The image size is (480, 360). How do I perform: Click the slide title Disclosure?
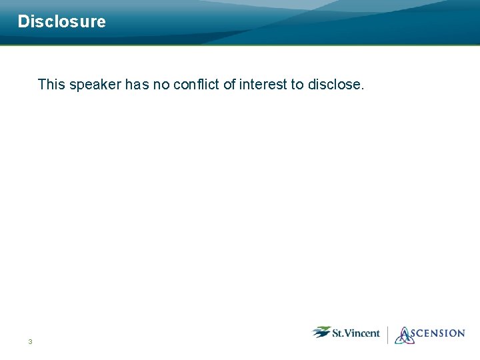click(x=61, y=21)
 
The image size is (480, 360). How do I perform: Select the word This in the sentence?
click(x=51, y=84)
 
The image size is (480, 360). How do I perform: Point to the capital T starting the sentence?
click(x=42, y=84)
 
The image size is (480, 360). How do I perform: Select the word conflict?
click(x=196, y=84)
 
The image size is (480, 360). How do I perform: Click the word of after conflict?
click(x=229, y=84)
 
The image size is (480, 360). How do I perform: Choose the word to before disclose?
click(x=297, y=85)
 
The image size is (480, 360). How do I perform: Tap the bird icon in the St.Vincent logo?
click(x=321, y=331)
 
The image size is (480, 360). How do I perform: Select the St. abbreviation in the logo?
click(x=338, y=333)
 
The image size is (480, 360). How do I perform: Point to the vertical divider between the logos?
click(x=387, y=334)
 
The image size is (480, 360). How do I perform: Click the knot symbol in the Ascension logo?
click(x=405, y=335)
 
